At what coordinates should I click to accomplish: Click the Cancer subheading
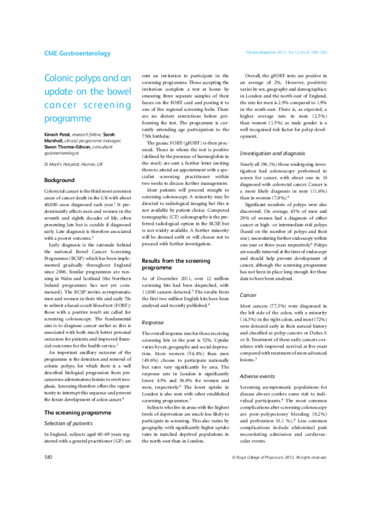(x=249, y=294)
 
